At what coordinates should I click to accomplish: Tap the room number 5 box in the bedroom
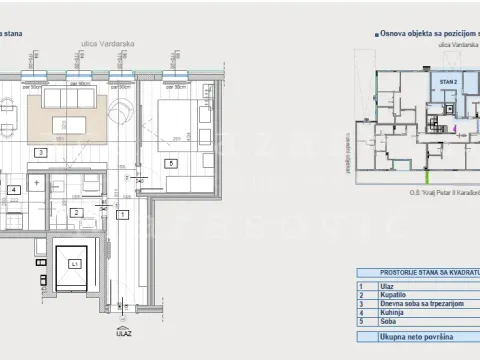[171, 163]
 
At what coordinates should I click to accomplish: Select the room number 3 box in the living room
[40, 153]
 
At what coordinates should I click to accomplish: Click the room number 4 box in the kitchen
[14, 188]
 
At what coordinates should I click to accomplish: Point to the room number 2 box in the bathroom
[77, 212]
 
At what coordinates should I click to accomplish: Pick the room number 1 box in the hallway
[122, 214]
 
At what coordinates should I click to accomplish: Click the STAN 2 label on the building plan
[447, 81]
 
